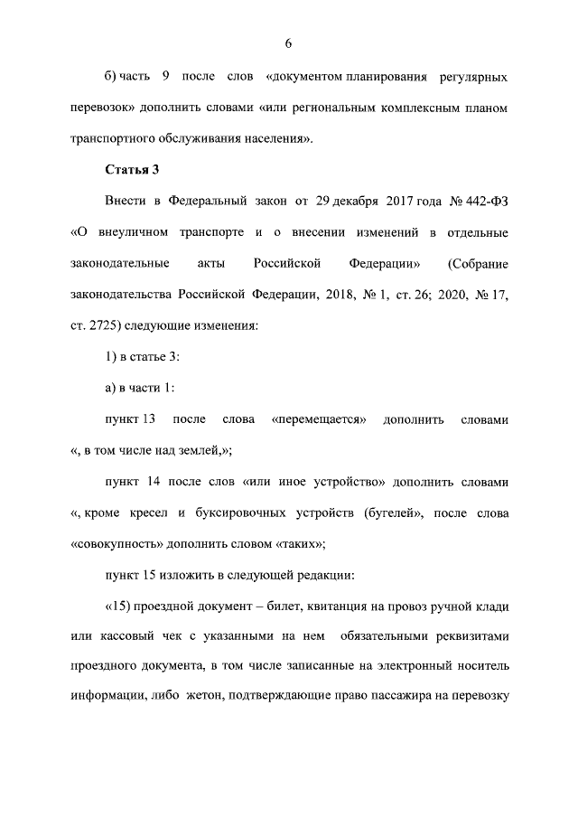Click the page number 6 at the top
(x=289, y=43)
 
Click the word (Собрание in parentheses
(x=478, y=265)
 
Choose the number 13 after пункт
(x=151, y=420)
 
